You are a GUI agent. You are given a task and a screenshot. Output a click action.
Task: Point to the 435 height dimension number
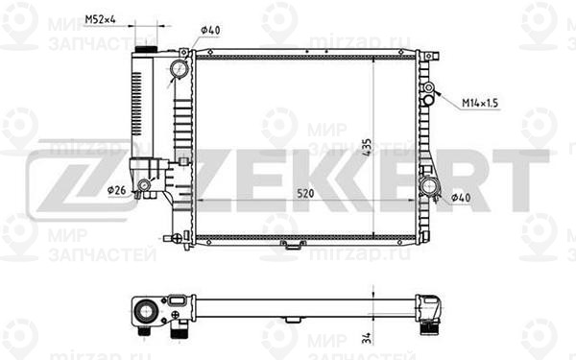point(366,142)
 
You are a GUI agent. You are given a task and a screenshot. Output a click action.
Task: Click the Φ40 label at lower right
point(460,199)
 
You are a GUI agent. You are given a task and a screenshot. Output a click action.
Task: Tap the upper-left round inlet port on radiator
point(180,70)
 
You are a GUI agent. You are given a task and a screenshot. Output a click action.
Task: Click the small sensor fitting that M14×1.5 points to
point(428,93)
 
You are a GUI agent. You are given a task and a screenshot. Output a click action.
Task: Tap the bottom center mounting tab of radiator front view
point(290,246)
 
